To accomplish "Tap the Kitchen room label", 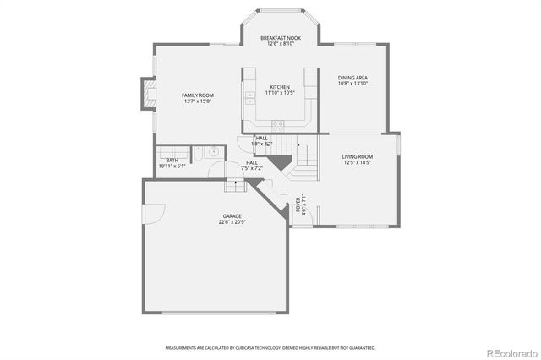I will [x=280, y=87].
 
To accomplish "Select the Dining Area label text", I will [x=352, y=78].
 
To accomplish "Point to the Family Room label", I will [x=195, y=95].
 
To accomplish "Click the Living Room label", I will [x=358, y=156].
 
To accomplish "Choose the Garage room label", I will [x=232, y=216].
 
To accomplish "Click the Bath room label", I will [x=172, y=160].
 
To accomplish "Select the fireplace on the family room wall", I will [x=149, y=95].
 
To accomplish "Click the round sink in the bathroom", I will [x=214, y=153].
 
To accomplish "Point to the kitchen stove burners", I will [x=276, y=123].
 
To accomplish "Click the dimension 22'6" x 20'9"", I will [x=232, y=222].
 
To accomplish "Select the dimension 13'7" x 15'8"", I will [x=195, y=101].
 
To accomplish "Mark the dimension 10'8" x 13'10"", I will [x=352, y=84].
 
